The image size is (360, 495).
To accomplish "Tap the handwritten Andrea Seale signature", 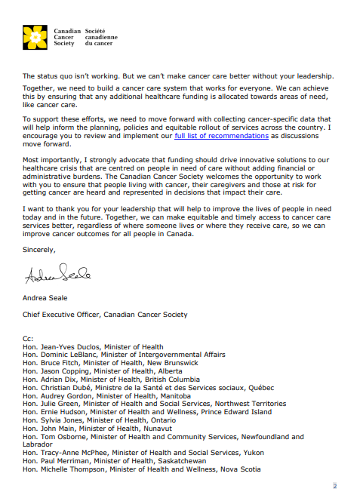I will pyautogui.click(x=57, y=276).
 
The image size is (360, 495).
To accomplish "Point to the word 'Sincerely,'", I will pyautogui.click(x=38, y=249).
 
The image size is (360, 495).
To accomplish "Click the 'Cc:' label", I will pyautogui.click(x=28, y=338).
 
